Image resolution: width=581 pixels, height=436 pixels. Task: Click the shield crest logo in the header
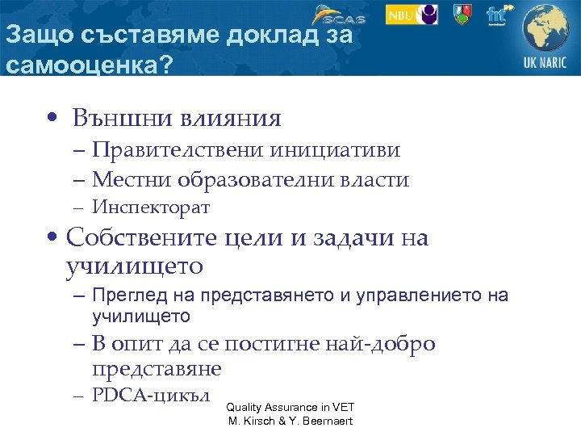pos(462,14)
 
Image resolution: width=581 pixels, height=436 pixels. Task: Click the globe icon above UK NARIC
pos(546,28)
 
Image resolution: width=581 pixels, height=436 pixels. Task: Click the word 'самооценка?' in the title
pos(89,64)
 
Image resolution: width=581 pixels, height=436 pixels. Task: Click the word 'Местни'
pos(130,179)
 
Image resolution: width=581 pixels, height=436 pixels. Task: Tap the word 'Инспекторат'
pos(151,208)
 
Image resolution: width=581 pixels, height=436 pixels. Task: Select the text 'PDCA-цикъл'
pos(151,396)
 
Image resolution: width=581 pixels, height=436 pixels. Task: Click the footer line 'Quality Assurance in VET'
pos(290,407)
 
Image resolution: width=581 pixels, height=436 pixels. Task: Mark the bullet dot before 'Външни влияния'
pos(50,119)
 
